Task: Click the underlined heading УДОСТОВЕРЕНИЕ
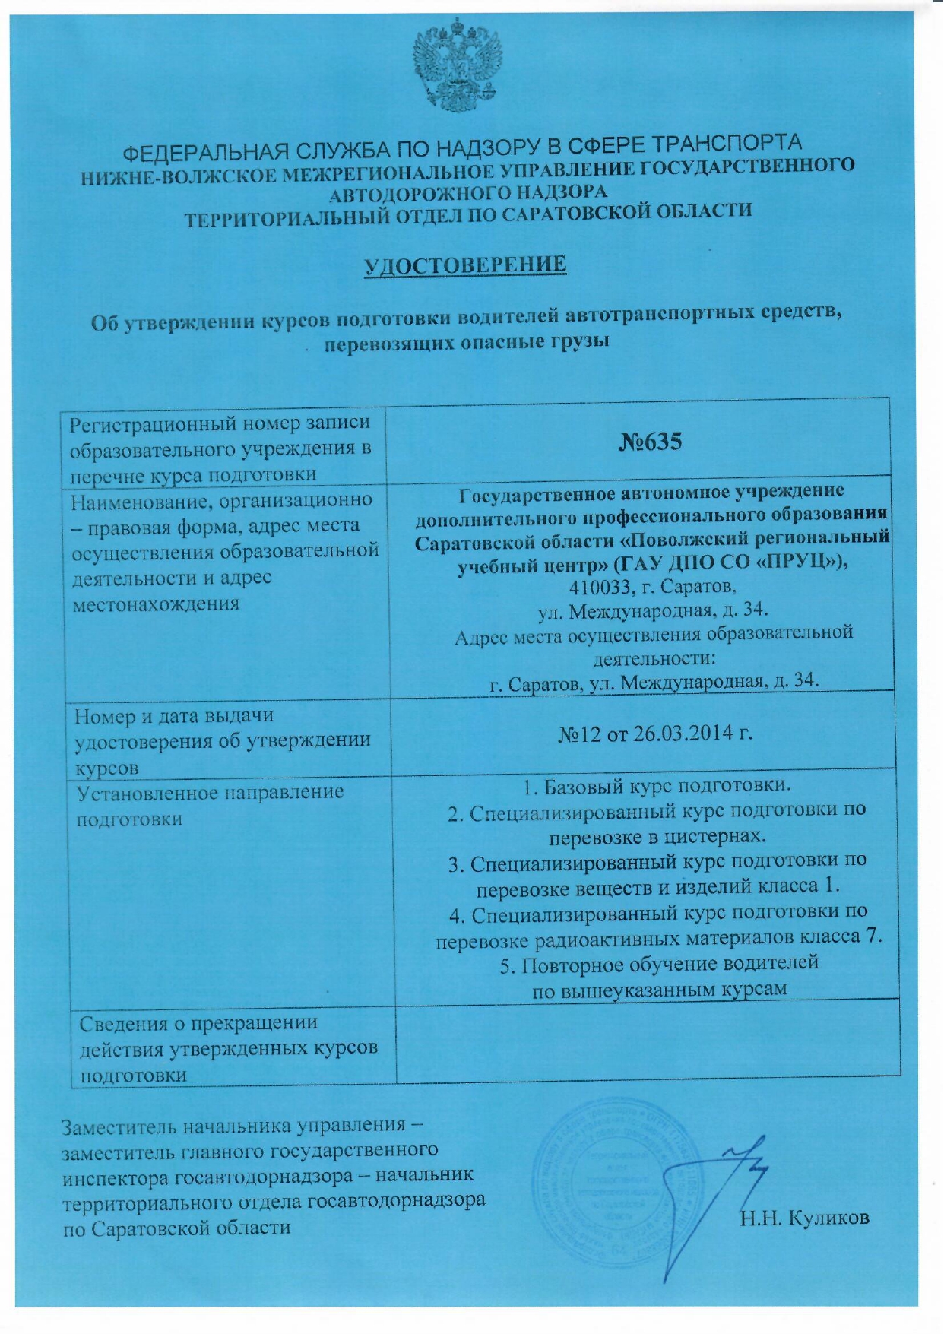click(465, 265)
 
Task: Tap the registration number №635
click(649, 442)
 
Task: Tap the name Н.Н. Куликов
click(805, 1218)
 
